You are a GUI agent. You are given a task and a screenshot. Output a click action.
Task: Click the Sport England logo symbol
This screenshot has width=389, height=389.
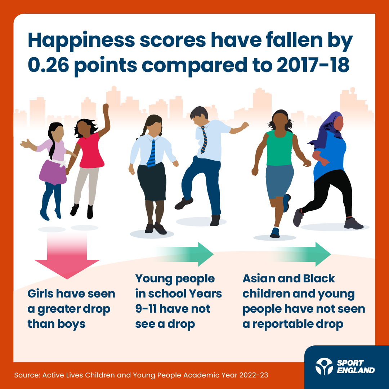point(323,367)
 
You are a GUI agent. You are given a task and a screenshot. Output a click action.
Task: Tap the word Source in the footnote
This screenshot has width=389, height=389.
point(26,375)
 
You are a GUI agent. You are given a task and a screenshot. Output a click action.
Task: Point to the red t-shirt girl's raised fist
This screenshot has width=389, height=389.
point(106,108)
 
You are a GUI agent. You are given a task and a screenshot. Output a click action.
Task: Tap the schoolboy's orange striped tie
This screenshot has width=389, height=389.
point(204,139)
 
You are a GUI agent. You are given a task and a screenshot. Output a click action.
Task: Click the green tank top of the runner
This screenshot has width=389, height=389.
point(280,148)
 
